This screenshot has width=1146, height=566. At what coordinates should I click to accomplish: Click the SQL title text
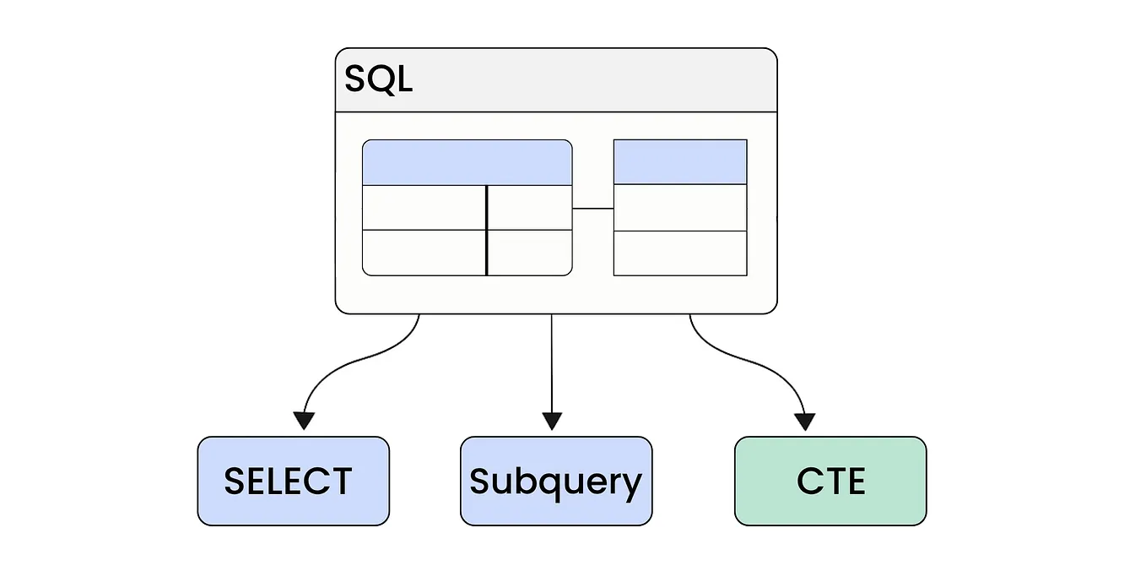point(378,79)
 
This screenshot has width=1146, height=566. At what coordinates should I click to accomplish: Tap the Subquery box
point(555,481)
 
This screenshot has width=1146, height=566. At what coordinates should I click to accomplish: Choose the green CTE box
point(830,481)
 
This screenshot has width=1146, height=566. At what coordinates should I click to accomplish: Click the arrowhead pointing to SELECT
point(305,420)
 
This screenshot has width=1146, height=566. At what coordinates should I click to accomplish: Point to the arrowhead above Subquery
point(552,420)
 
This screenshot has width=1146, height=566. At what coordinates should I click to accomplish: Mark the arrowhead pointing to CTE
point(806,420)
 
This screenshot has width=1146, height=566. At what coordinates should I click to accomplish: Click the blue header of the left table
point(467,162)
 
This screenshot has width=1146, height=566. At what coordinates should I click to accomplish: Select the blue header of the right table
point(679,161)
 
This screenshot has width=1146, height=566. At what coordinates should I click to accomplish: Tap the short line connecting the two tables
point(592,208)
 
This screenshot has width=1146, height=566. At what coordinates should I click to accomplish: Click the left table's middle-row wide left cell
point(424,208)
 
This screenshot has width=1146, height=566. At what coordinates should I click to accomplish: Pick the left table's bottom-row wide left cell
point(424,253)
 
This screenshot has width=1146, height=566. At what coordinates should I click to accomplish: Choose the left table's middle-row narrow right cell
point(530,208)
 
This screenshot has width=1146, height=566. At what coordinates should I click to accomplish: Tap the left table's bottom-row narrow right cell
point(530,253)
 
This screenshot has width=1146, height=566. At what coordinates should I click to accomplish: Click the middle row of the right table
point(679,208)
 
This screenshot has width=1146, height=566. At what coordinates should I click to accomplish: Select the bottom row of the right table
point(679,253)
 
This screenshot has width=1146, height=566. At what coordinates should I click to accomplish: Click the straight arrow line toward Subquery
point(552,363)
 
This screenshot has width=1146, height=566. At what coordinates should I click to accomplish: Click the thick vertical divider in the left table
point(487,230)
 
